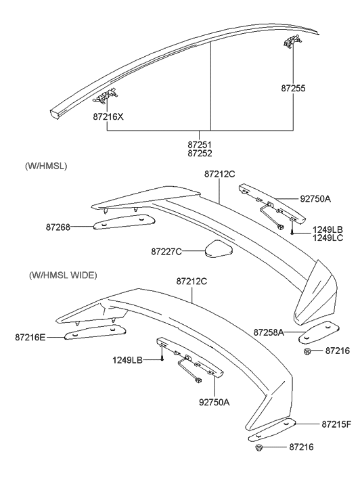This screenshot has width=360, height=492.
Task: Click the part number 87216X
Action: pos(108,116)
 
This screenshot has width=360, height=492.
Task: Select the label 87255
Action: pos(293,88)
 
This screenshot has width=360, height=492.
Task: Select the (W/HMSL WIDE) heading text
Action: pos(63,275)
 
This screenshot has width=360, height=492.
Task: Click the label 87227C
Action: pos(166,252)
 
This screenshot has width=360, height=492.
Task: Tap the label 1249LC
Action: pos(328,238)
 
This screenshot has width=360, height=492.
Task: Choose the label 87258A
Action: pos(269,332)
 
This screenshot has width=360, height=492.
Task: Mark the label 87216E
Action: pos(30,336)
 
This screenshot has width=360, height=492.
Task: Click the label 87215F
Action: pos(336,424)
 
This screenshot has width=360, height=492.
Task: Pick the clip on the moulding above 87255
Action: pos(292,41)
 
